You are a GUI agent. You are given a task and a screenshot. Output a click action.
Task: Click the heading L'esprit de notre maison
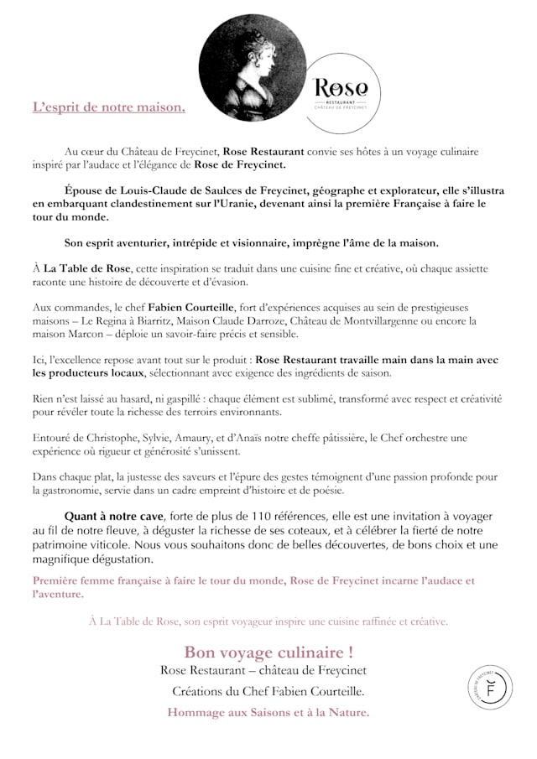click(109, 107)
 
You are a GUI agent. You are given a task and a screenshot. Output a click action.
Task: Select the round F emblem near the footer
click(491, 688)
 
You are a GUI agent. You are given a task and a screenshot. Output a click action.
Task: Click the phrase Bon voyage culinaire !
click(268, 652)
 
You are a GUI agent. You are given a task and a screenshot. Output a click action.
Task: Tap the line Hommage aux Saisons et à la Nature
click(268, 712)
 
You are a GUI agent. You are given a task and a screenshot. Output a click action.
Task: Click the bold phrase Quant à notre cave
click(115, 515)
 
